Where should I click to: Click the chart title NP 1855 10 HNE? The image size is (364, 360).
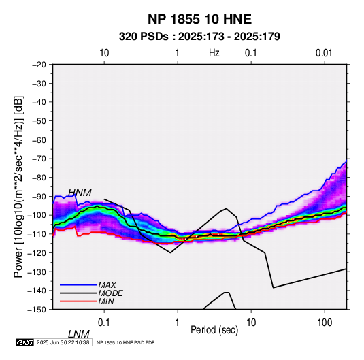(199, 19)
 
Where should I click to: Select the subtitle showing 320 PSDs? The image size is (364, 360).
(199, 37)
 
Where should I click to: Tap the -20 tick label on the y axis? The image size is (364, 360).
(39, 65)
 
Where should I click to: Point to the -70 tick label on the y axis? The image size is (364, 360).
(39, 159)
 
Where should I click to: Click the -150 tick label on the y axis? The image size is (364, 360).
(37, 310)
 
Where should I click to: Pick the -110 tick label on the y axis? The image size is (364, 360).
(37, 234)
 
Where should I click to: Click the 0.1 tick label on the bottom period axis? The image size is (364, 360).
(104, 323)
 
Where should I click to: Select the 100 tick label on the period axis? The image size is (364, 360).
(325, 323)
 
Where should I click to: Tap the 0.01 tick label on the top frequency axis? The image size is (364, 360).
(324, 53)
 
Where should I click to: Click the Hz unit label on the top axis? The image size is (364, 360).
(214, 53)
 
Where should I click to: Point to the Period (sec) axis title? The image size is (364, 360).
(214, 330)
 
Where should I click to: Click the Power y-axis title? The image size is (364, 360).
(18, 186)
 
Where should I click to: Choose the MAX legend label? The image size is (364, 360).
(107, 284)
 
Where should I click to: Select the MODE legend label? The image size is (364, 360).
(110, 293)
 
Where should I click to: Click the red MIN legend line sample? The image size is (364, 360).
(78, 301)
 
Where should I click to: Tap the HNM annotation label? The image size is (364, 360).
(80, 193)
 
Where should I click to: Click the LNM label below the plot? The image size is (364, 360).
(79, 334)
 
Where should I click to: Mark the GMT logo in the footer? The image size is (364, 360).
(25, 342)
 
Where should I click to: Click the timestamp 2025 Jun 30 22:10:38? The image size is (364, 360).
(63, 342)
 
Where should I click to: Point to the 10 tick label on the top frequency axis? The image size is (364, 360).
(104, 53)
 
